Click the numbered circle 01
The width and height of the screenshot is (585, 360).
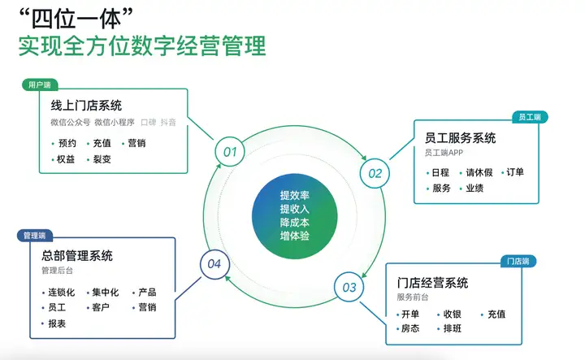[x=229, y=151]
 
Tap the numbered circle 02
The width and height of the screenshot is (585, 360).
[x=375, y=172]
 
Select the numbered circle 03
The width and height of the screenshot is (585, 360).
[x=349, y=286]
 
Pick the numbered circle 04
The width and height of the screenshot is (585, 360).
[x=214, y=263]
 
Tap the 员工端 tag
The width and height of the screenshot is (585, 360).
[x=530, y=117]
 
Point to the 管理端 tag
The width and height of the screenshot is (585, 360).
[x=34, y=235]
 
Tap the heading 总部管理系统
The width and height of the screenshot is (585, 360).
[x=77, y=255]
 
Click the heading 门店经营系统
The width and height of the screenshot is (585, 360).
[x=433, y=283]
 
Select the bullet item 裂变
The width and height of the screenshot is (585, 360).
[x=102, y=159]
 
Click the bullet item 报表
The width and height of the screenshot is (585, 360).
[x=57, y=323]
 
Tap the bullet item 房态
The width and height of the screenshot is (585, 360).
[x=410, y=329]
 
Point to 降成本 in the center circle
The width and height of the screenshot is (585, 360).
[x=294, y=222]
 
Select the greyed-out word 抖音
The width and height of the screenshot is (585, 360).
[x=168, y=122]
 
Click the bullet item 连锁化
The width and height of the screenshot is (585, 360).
[x=62, y=293]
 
